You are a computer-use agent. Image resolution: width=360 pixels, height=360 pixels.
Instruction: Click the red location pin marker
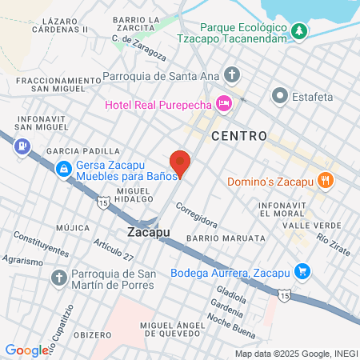(181, 162)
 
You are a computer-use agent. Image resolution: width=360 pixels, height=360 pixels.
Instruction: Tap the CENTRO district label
(239, 136)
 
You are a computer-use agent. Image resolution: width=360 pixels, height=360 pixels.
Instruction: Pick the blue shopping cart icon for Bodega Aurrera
(302, 271)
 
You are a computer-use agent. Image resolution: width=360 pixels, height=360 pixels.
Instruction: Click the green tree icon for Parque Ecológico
(299, 31)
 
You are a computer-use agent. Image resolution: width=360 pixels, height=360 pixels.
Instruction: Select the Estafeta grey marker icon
(280, 95)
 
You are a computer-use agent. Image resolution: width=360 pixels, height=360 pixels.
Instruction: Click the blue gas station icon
(22, 146)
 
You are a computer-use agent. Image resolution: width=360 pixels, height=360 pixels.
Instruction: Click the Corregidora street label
(197, 217)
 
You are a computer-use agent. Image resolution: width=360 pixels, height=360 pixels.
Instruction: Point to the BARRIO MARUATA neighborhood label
(225, 238)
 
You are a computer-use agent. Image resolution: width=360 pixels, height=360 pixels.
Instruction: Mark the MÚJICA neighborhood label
(73, 227)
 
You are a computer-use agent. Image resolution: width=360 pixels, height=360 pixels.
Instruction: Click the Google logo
(26, 350)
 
